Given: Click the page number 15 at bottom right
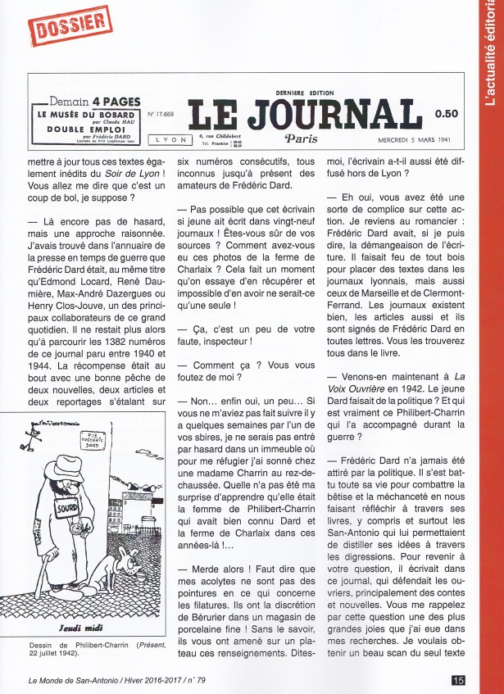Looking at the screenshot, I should pyautogui.click(x=458, y=679).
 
